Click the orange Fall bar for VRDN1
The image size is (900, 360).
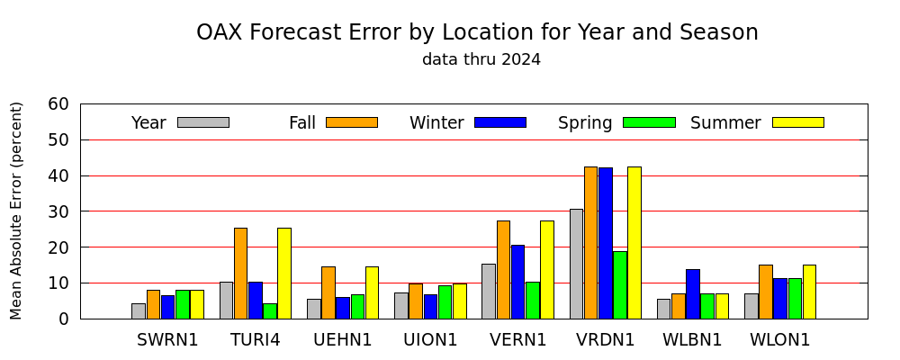pyautogui.click(x=590, y=243)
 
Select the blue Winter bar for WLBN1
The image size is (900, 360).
pyautogui.click(x=693, y=294)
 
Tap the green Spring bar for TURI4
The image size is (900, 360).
pyautogui.click(x=270, y=311)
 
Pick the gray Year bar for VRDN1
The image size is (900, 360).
pyautogui.click(x=576, y=264)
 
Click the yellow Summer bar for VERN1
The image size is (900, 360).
pyautogui.click(x=547, y=270)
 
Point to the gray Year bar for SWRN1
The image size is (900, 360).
pyautogui.click(x=139, y=311)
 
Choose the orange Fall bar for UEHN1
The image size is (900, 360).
pyautogui.click(x=328, y=292)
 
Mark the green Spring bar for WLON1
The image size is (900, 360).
pyautogui.click(x=795, y=299)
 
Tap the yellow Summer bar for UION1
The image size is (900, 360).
pyautogui.click(x=460, y=301)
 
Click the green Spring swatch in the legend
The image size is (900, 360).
pyautogui.click(x=649, y=122)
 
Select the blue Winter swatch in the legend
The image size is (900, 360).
pyautogui.click(x=500, y=122)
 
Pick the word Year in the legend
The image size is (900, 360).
pyautogui.click(x=148, y=123)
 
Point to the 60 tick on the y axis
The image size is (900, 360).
pyautogui.click(x=80, y=103)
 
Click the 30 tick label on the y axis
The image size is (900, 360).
pyautogui.click(x=58, y=211)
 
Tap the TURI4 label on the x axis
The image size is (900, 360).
pyautogui.click(x=256, y=340)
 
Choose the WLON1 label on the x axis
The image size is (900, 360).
pyautogui.click(x=780, y=340)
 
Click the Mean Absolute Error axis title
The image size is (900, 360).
pyautogui.click(x=16, y=211)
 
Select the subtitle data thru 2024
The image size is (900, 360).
pyautogui.click(x=481, y=59)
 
